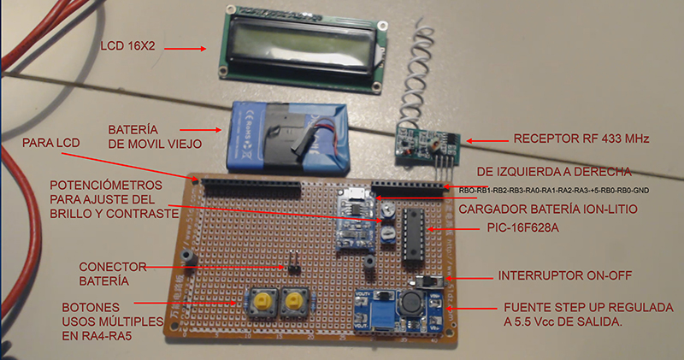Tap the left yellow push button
point(256,300)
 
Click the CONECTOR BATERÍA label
point(112,272)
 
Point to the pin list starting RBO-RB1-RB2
point(545,191)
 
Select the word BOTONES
point(90,307)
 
